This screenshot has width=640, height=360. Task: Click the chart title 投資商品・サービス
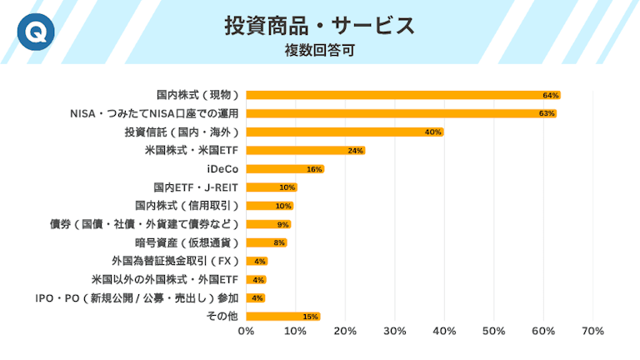(x=320, y=26)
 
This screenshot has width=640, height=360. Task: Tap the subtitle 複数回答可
(x=320, y=50)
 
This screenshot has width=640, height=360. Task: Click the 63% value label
(x=547, y=113)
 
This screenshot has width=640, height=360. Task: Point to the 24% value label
(x=356, y=151)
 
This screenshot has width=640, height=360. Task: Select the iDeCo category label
(x=222, y=169)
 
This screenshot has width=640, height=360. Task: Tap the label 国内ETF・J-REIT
(x=196, y=187)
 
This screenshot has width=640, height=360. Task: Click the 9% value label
(x=282, y=224)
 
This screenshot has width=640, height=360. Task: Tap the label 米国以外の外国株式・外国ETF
(x=165, y=279)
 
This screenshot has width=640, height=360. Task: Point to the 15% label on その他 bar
(x=311, y=317)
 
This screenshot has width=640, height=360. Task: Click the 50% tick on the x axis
(x=494, y=332)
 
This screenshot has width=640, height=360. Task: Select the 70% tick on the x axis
(x=592, y=332)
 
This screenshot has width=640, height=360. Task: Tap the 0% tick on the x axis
(x=246, y=332)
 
